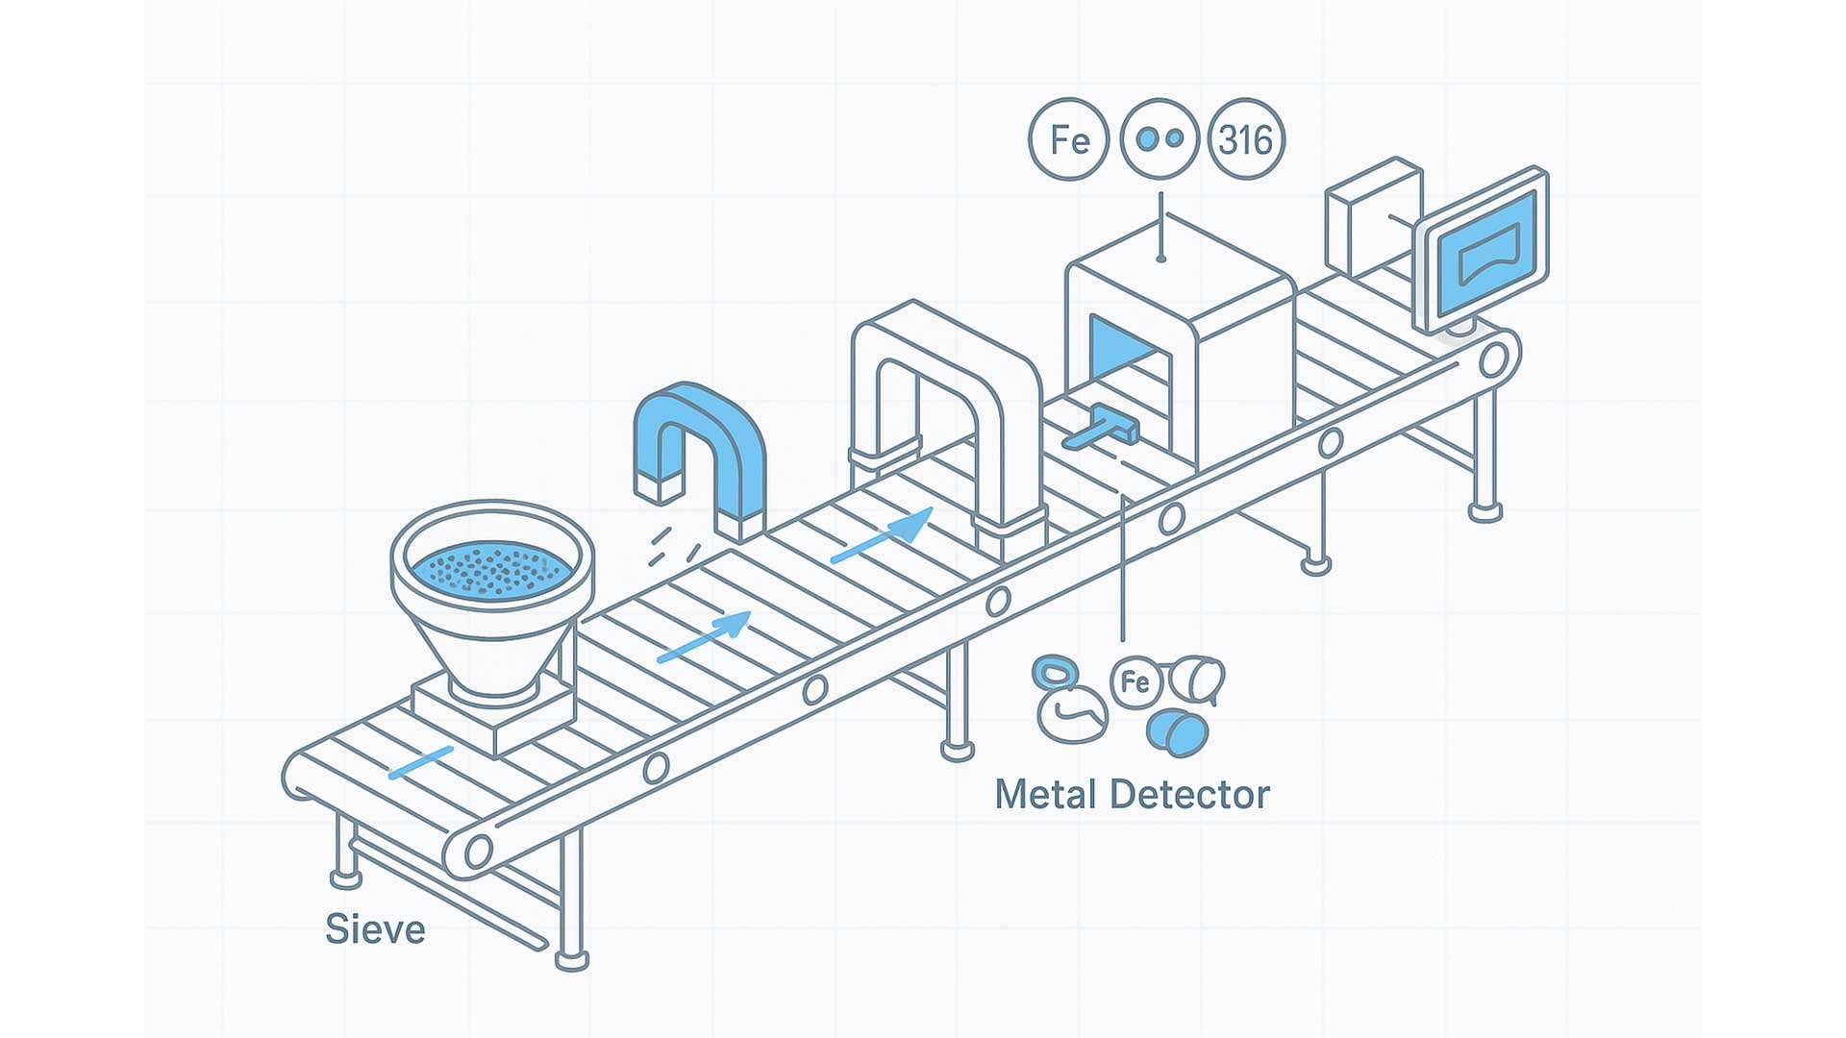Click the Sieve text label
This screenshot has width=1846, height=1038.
point(375,929)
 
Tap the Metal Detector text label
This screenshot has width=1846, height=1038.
point(1132,795)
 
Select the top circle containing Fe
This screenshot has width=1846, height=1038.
point(1069,139)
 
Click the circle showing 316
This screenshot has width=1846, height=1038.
point(1246,139)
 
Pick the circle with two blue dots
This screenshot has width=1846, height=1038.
point(1160,139)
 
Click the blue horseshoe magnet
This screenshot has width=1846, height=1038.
point(699,432)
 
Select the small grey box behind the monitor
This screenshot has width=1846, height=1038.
point(1372,216)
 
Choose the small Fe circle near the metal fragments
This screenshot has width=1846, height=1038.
point(1135,682)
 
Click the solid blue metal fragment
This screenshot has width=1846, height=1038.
point(1177,732)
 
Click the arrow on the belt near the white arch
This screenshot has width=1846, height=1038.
point(883,536)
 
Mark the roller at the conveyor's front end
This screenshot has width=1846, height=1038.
point(478,850)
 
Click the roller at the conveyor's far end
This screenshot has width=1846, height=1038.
point(1493,359)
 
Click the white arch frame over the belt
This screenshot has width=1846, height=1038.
point(947,384)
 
